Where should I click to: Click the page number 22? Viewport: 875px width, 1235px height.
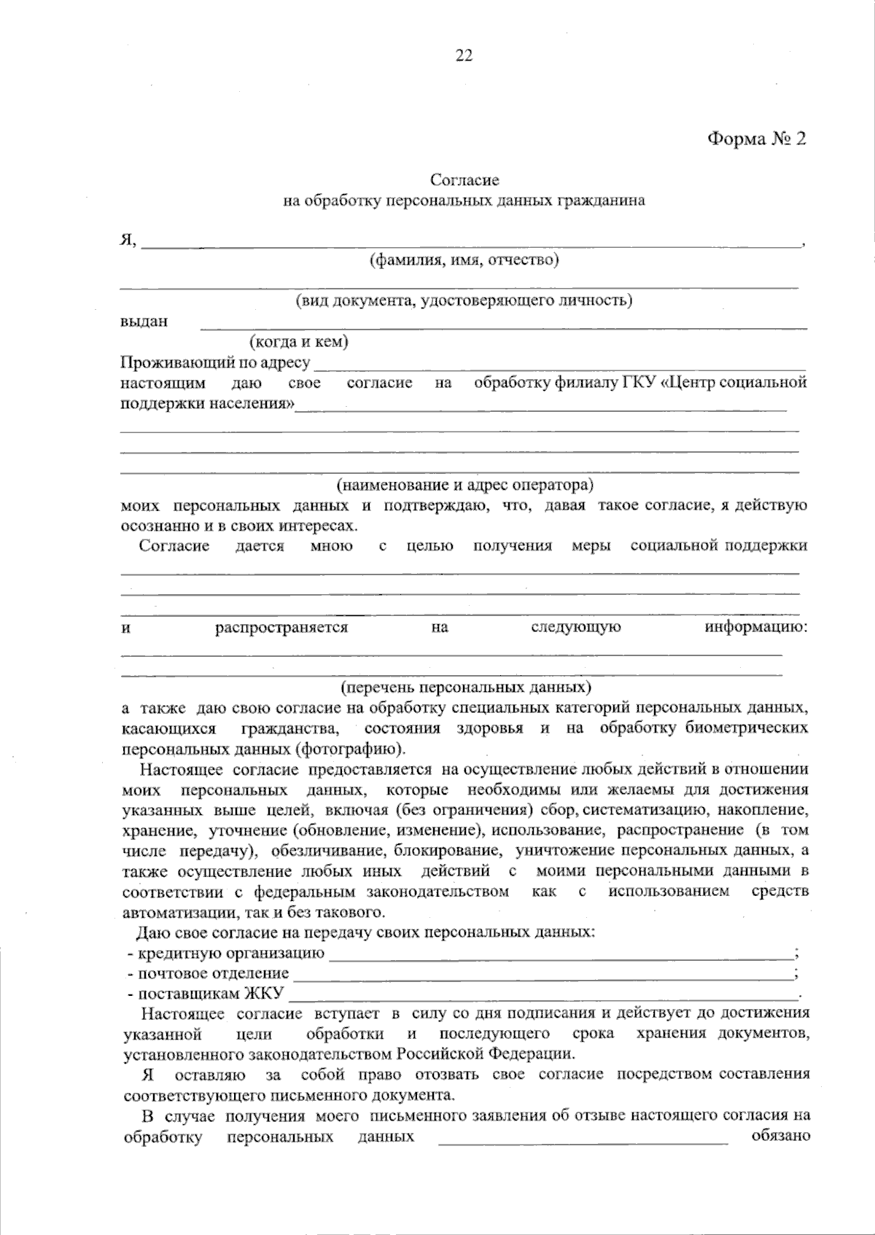[464, 55]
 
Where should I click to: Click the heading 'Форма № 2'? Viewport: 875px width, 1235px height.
[756, 139]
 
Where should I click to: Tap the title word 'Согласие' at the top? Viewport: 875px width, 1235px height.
[464, 180]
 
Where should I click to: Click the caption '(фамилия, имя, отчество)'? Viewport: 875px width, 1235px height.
[464, 260]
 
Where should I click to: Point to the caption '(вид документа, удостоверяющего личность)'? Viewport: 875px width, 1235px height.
[464, 300]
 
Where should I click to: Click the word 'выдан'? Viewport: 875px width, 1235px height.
[144, 322]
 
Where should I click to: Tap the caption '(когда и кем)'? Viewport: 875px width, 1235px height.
[298, 341]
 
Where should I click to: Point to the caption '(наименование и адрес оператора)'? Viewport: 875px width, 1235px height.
[464, 485]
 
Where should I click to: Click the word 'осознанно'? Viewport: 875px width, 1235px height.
[152, 526]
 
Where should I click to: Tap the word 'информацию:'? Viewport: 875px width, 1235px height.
[756, 627]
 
